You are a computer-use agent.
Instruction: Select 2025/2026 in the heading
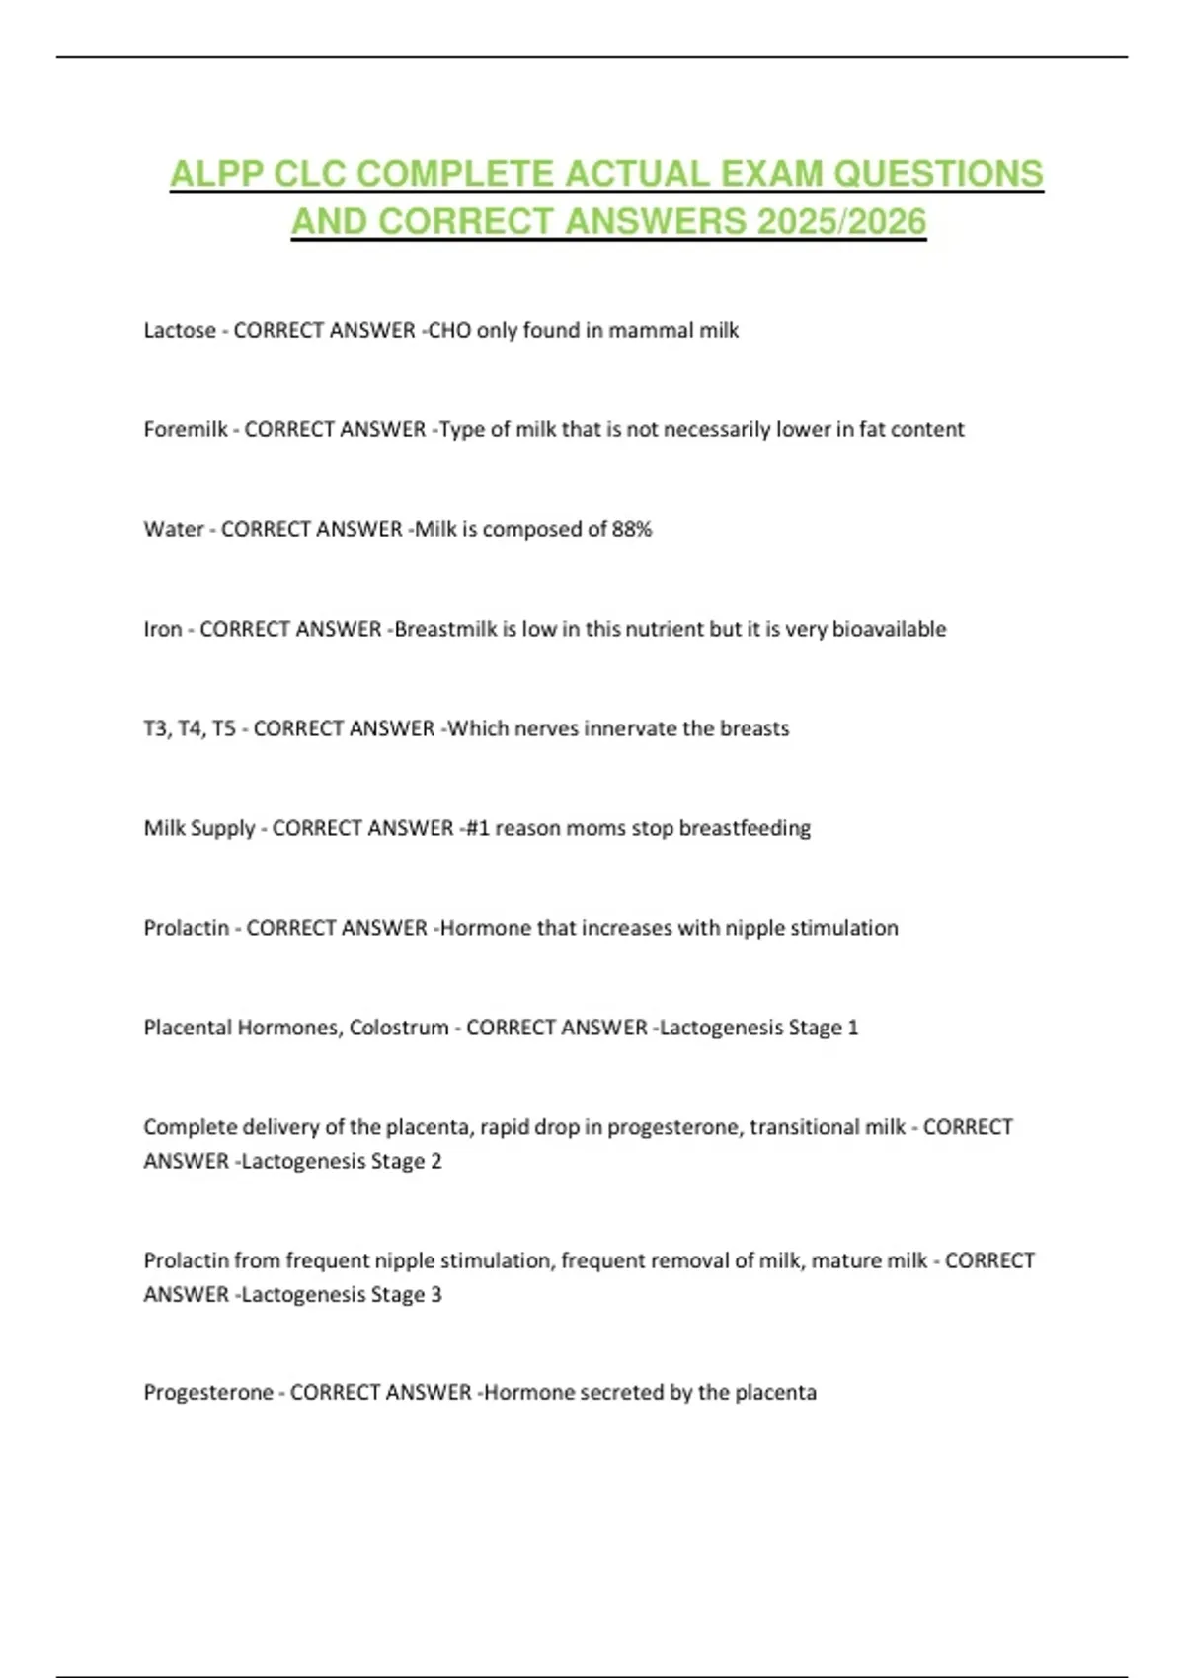pos(841,222)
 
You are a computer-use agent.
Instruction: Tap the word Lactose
pos(180,331)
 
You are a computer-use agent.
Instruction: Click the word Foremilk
pos(186,430)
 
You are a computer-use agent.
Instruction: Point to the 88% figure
pos(632,530)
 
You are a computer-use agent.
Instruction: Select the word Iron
pos(163,630)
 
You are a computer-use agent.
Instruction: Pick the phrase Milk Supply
pos(199,829)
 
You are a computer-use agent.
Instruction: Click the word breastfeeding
pos(745,829)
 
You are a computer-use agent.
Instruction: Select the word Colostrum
pos(399,1029)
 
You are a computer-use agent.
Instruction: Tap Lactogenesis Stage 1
pos(758,1029)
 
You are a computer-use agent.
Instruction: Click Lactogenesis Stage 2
pos(341,1162)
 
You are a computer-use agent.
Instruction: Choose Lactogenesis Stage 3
pos(341,1295)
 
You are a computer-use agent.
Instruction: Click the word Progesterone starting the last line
pos(208,1393)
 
